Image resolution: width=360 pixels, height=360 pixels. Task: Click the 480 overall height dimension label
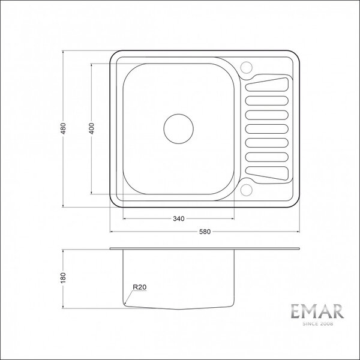64,128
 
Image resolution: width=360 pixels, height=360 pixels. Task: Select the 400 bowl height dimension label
91,128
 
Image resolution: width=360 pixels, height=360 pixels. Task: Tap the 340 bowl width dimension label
179,218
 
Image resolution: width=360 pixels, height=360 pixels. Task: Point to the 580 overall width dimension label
205,232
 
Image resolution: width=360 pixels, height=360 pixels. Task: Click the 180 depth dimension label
63,278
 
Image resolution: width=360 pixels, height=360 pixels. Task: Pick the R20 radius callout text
140,287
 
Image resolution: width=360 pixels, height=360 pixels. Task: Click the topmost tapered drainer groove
267,85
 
